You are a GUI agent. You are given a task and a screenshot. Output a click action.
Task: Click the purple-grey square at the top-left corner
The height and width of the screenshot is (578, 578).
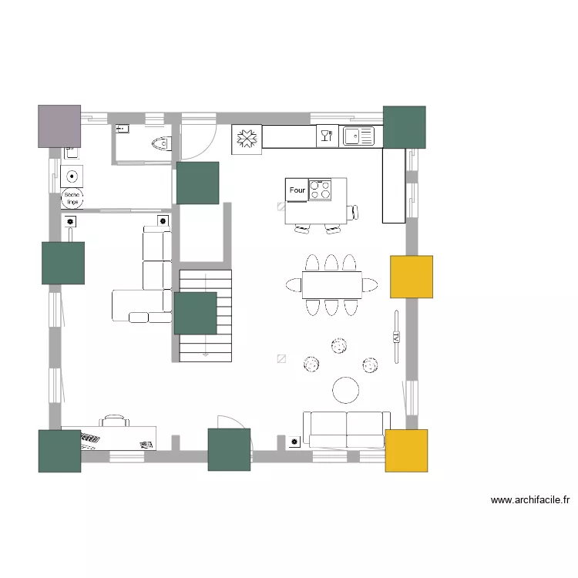[59, 126]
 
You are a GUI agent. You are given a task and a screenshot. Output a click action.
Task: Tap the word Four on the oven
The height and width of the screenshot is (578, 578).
[297, 190]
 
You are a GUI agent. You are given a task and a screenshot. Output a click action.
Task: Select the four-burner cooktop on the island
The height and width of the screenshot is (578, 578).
[321, 190]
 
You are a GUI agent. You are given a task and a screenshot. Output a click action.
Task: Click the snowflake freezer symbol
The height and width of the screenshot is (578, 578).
[247, 139]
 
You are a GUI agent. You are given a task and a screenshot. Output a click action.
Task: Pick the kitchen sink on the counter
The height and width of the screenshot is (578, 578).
[358, 136]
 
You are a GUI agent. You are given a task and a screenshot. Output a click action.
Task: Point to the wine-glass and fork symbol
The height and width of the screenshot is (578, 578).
[326, 136]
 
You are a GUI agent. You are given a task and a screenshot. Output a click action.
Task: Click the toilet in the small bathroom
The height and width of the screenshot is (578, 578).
[161, 143]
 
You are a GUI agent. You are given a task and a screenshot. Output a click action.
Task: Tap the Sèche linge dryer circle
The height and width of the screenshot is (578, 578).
[72, 197]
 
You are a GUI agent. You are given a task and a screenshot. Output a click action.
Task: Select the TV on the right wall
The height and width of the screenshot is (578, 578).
[396, 337]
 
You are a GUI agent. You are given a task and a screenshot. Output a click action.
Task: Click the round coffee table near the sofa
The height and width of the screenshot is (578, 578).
[345, 390]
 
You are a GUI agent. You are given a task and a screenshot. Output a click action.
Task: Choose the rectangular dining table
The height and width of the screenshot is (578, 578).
[332, 285]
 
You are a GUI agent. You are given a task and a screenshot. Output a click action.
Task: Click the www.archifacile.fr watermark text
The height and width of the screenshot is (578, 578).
[530, 500]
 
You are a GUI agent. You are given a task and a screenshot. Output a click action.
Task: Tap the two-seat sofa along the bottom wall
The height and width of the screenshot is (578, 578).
[346, 428]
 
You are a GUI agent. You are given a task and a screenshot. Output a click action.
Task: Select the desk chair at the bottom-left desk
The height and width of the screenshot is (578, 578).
[115, 420]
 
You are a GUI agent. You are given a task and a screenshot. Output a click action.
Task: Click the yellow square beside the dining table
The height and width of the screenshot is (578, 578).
[411, 277]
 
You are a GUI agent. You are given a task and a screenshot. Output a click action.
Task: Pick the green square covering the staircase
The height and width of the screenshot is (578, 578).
[195, 314]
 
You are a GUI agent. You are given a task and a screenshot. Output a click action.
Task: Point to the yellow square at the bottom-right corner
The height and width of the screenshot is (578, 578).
[406, 450]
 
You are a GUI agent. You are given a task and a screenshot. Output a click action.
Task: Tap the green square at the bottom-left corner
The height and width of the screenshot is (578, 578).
[59, 451]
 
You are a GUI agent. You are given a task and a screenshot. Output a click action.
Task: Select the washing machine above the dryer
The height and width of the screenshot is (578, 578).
[72, 175]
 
